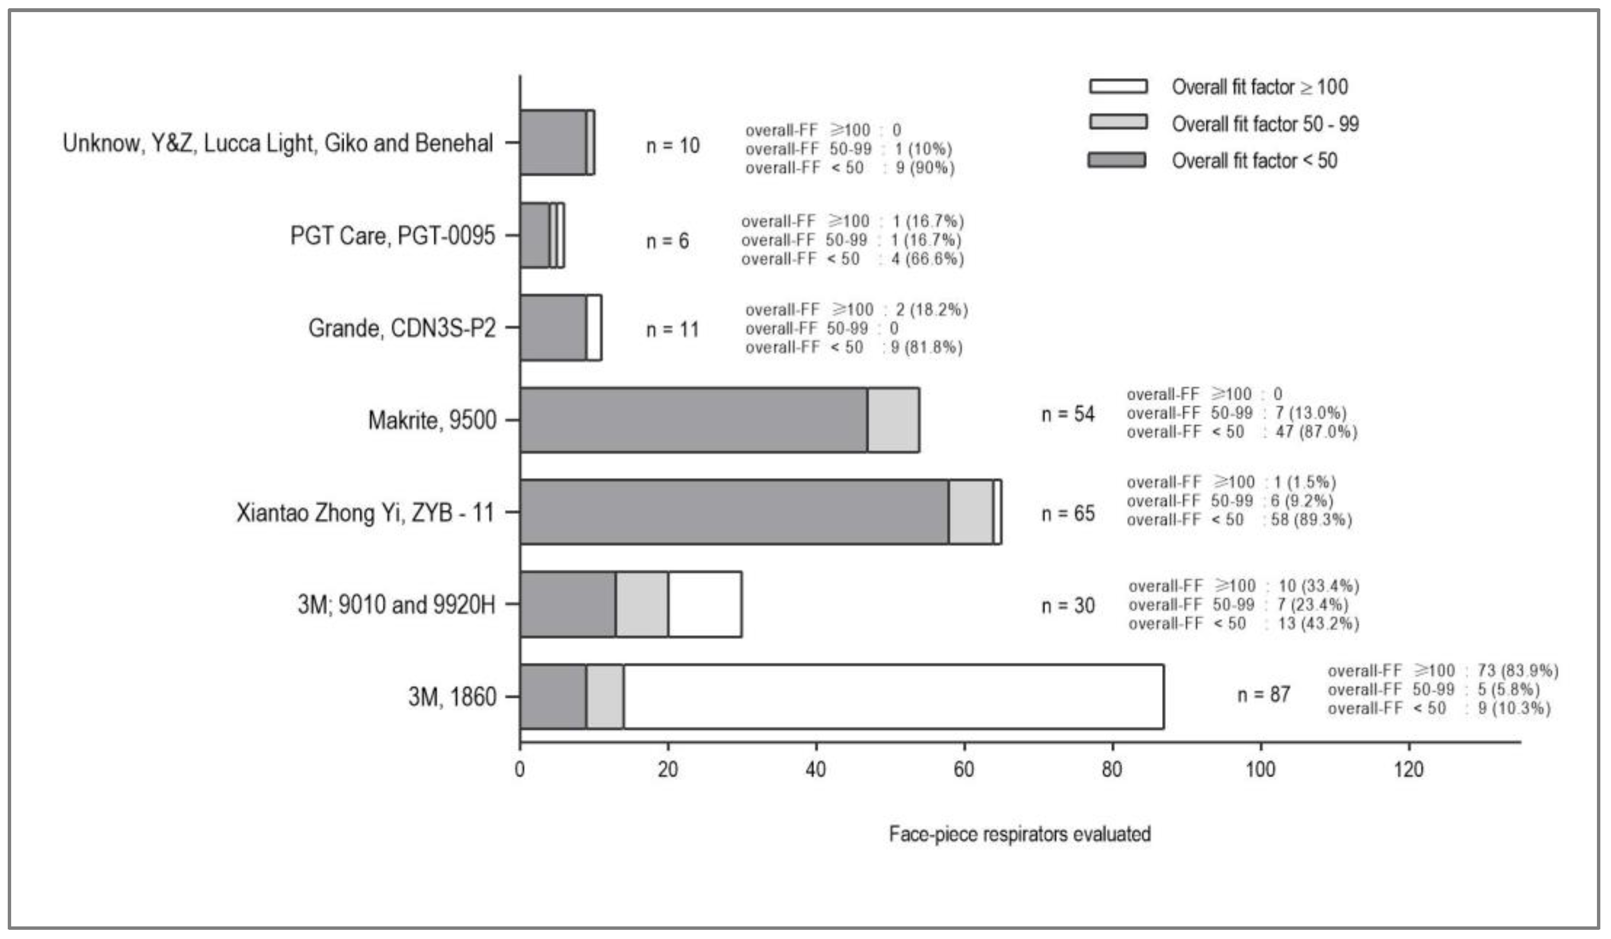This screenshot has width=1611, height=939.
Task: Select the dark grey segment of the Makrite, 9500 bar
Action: [693, 420]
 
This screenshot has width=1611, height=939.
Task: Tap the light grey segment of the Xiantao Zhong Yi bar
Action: [971, 512]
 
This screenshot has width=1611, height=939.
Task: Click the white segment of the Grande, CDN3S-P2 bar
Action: [593, 328]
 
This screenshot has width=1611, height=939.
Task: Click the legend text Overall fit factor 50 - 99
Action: [1265, 124]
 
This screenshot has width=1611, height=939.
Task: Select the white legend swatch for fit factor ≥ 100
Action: [1117, 86]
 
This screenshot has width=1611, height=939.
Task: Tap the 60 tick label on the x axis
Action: [963, 769]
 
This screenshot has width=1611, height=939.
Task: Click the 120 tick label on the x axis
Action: [1409, 769]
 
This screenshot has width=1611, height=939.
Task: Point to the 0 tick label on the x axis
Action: [520, 769]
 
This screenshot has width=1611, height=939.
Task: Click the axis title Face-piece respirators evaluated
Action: [1019, 834]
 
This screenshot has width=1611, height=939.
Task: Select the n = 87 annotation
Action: [1263, 695]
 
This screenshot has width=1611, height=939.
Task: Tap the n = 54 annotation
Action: [1068, 414]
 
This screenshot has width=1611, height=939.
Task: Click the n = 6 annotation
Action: [667, 241]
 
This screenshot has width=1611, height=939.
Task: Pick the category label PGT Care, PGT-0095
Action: [392, 235]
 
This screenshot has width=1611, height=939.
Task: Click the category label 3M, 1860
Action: [452, 697]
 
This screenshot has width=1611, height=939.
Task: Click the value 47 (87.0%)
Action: [1317, 432]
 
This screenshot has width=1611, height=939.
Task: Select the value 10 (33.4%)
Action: [1318, 586]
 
